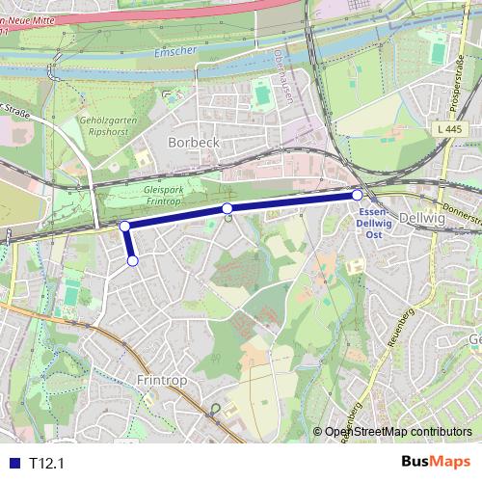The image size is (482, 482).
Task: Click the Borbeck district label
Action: (194, 142)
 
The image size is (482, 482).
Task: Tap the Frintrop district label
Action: (160, 380)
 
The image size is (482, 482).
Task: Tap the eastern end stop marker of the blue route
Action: (357, 195)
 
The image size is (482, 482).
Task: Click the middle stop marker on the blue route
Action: (228, 209)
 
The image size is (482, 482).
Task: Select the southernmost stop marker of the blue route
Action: (133, 260)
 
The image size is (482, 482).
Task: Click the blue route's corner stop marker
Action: (124, 226)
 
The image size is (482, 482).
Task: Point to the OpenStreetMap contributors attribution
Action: (397, 432)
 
